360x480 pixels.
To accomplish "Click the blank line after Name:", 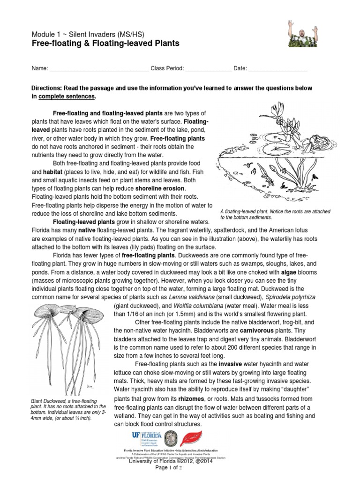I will [99, 68].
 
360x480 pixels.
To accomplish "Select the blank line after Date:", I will [277, 68].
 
